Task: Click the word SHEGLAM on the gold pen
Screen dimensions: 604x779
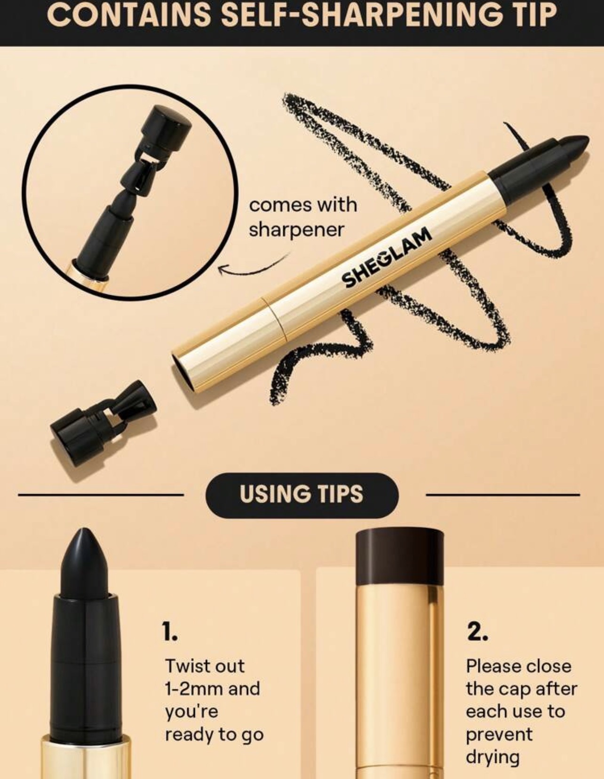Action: [x=386, y=258]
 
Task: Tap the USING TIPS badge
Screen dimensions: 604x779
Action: [x=302, y=495]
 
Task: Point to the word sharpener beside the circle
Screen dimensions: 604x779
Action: [x=297, y=230]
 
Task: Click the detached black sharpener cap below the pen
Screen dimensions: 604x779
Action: [x=103, y=423]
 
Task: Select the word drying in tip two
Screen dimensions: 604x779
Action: [x=493, y=757]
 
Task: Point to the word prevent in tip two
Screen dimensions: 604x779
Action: [x=499, y=734]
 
